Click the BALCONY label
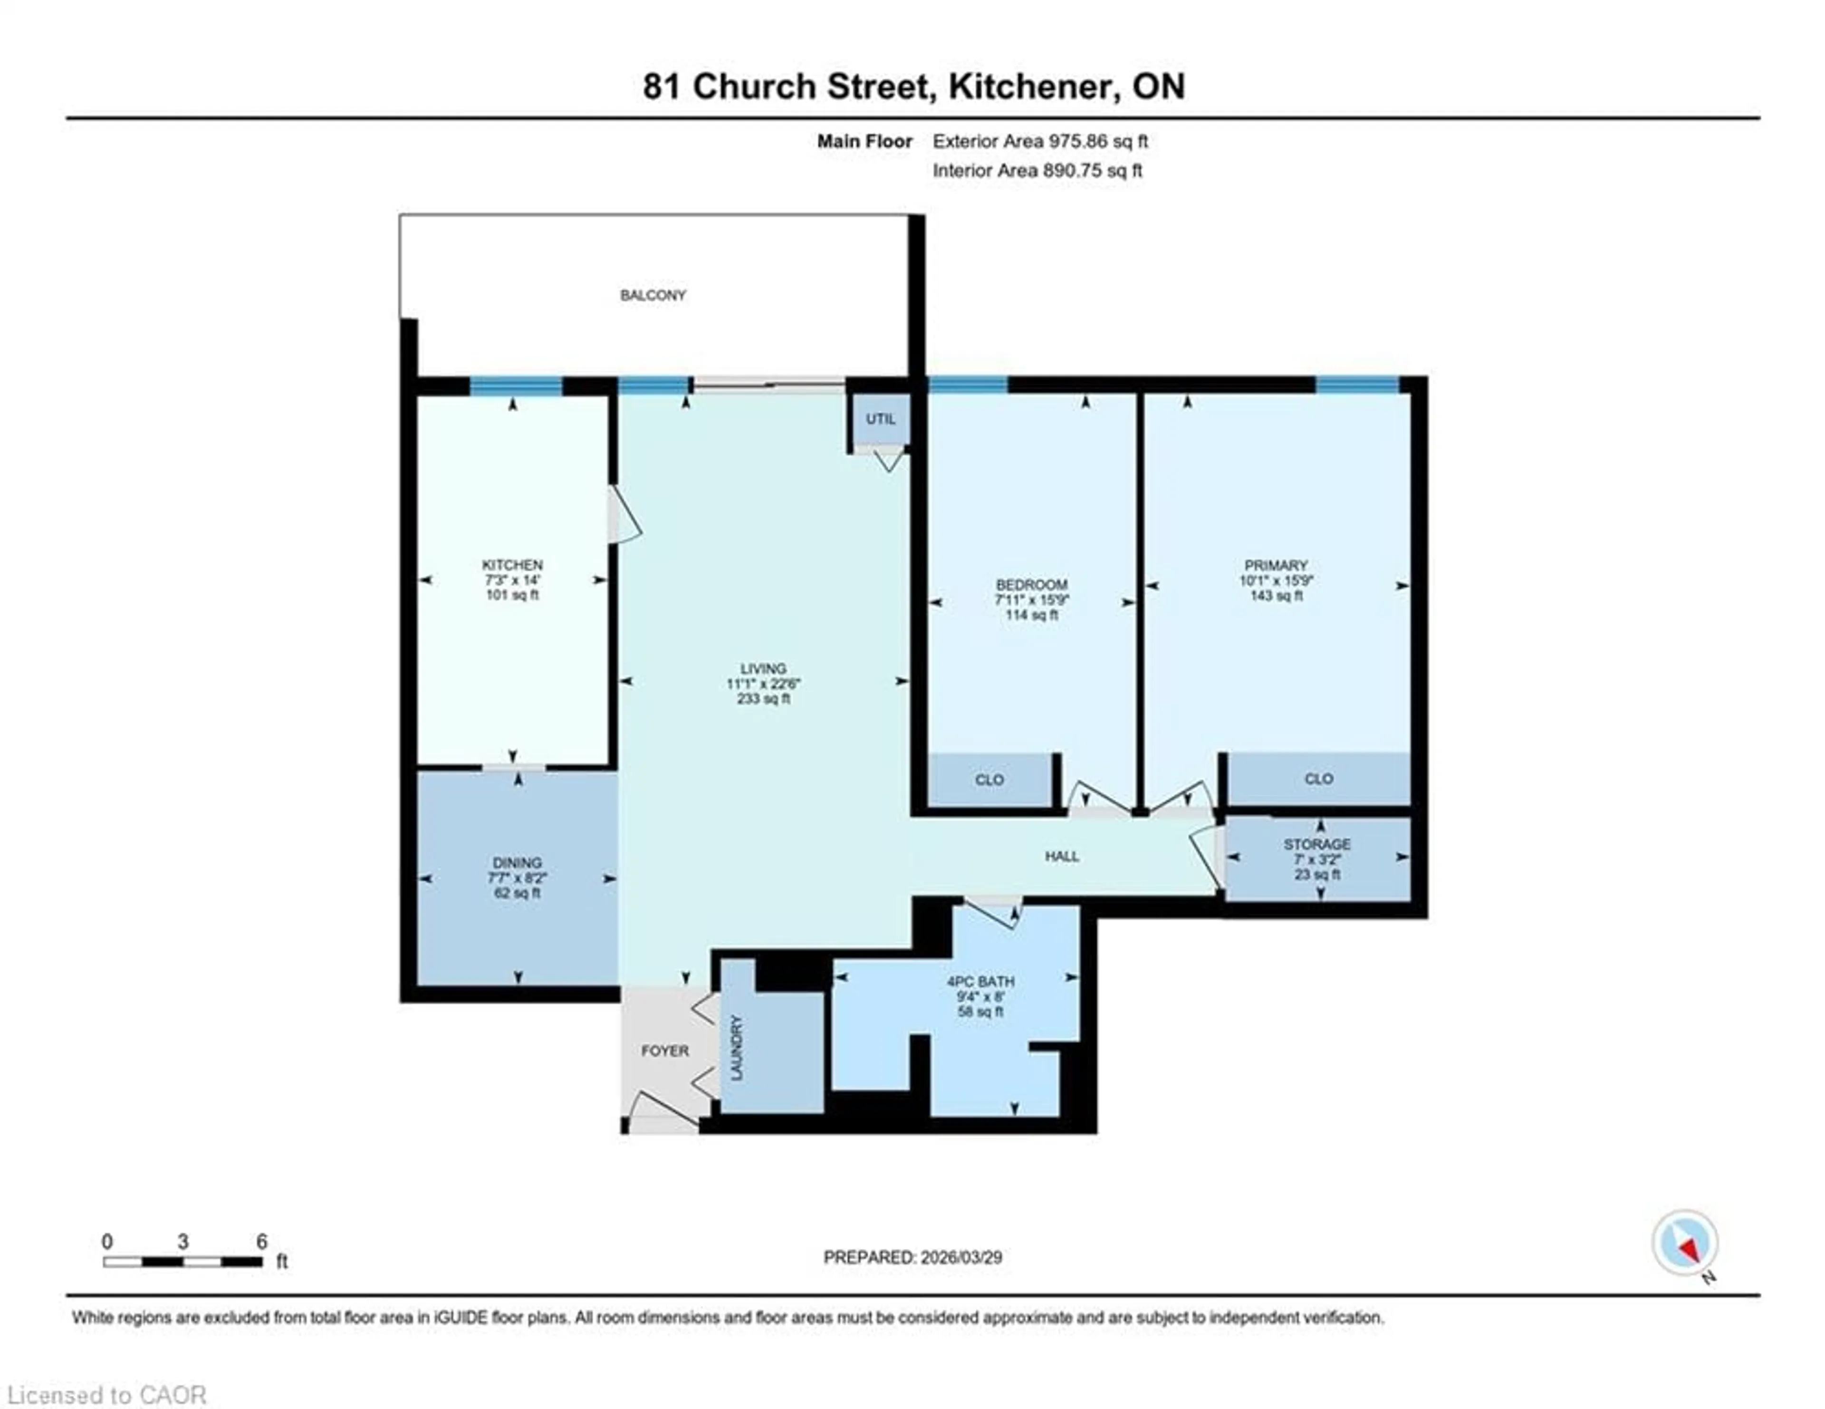pos(653,295)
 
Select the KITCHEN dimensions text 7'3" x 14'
pos(512,580)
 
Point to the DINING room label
pos(517,862)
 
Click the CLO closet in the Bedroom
pos(989,780)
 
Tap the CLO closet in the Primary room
pos(1319,779)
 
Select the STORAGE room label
pos(1317,844)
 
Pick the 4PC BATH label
pos(980,981)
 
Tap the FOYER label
pos(665,1051)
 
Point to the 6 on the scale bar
pos(261,1242)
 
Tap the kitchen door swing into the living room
pos(624,518)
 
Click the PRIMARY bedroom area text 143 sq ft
pos(1276,596)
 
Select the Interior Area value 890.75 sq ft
pos(1092,171)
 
